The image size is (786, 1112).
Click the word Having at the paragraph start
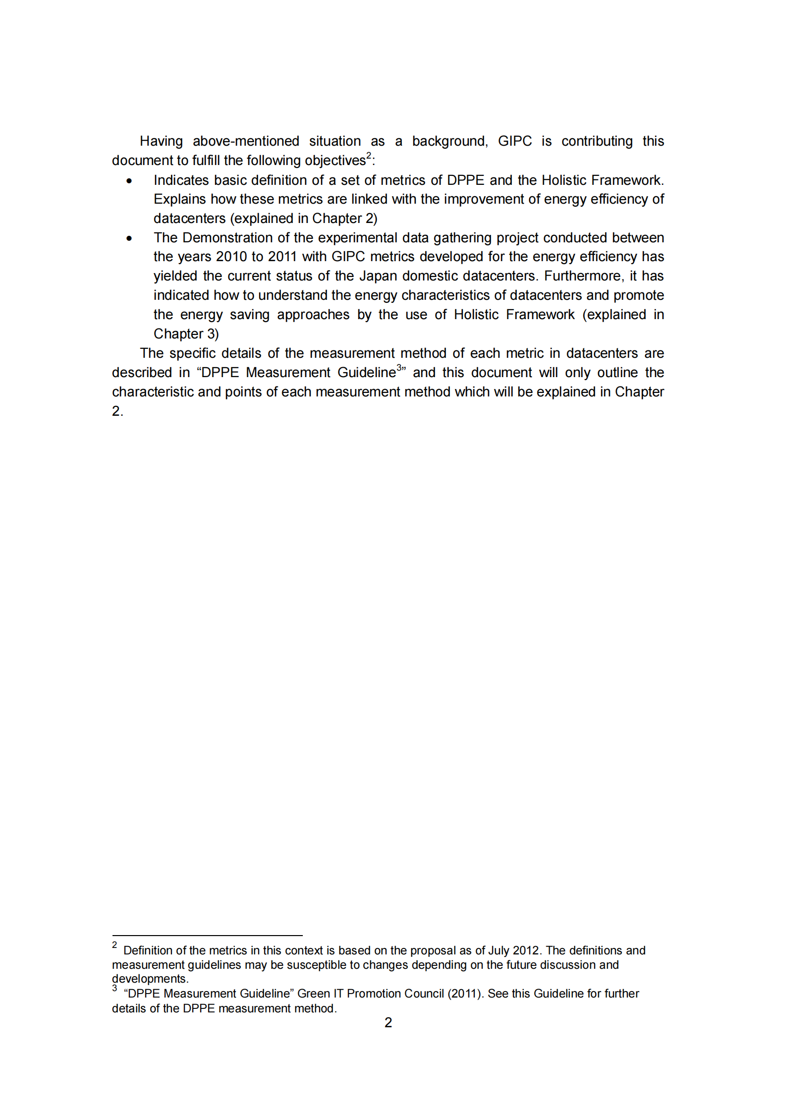click(x=161, y=141)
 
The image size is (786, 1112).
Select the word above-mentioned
click(x=246, y=141)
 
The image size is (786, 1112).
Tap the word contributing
click(x=597, y=141)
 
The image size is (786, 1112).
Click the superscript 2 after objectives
click(x=369, y=156)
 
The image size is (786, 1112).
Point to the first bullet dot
click(x=129, y=181)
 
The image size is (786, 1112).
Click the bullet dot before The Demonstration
click(x=129, y=238)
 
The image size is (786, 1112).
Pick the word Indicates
click(x=181, y=180)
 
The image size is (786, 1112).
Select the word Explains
click(x=179, y=199)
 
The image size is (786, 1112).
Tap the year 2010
click(x=231, y=257)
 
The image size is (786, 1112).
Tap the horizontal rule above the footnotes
click(x=207, y=936)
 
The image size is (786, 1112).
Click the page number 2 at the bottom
click(x=388, y=1023)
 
